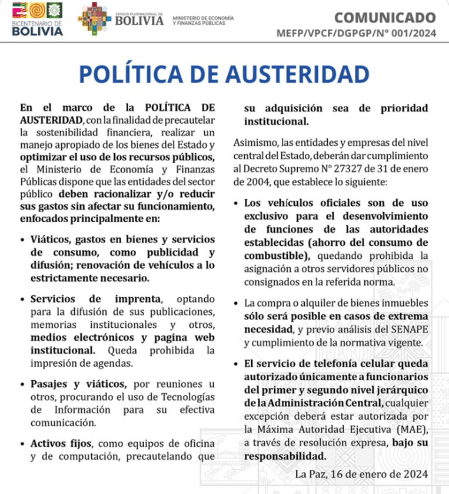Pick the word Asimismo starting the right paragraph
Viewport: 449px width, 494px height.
point(255,143)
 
